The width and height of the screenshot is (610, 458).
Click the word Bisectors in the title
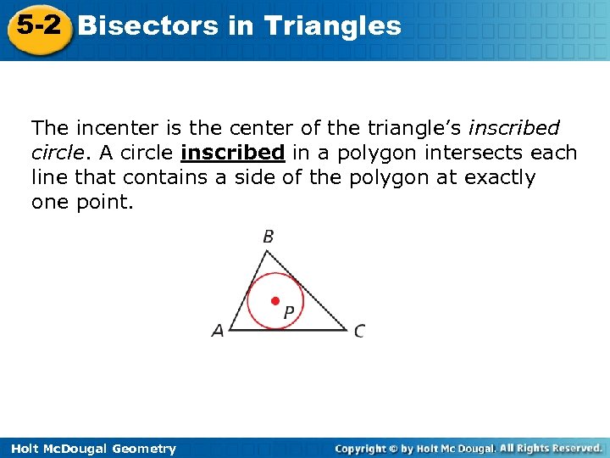click(x=147, y=26)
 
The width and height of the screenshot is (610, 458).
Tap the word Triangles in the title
click(x=332, y=26)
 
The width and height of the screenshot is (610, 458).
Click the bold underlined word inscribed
click(x=232, y=153)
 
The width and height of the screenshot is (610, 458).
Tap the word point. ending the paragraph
click(x=107, y=203)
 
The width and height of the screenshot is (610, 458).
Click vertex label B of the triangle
click(x=268, y=237)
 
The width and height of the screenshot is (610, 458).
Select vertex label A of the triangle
click(x=218, y=331)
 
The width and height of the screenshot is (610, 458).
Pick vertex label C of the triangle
click(x=360, y=331)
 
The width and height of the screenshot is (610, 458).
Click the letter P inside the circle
click(x=289, y=313)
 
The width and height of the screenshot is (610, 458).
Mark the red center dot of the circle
click(x=274, y=301)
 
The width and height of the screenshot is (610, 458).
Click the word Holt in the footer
click(x=23, y=449)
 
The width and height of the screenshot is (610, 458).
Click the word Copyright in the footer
click(x=361, y=448)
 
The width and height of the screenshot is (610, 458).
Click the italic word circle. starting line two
click(x=55, y=153)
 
